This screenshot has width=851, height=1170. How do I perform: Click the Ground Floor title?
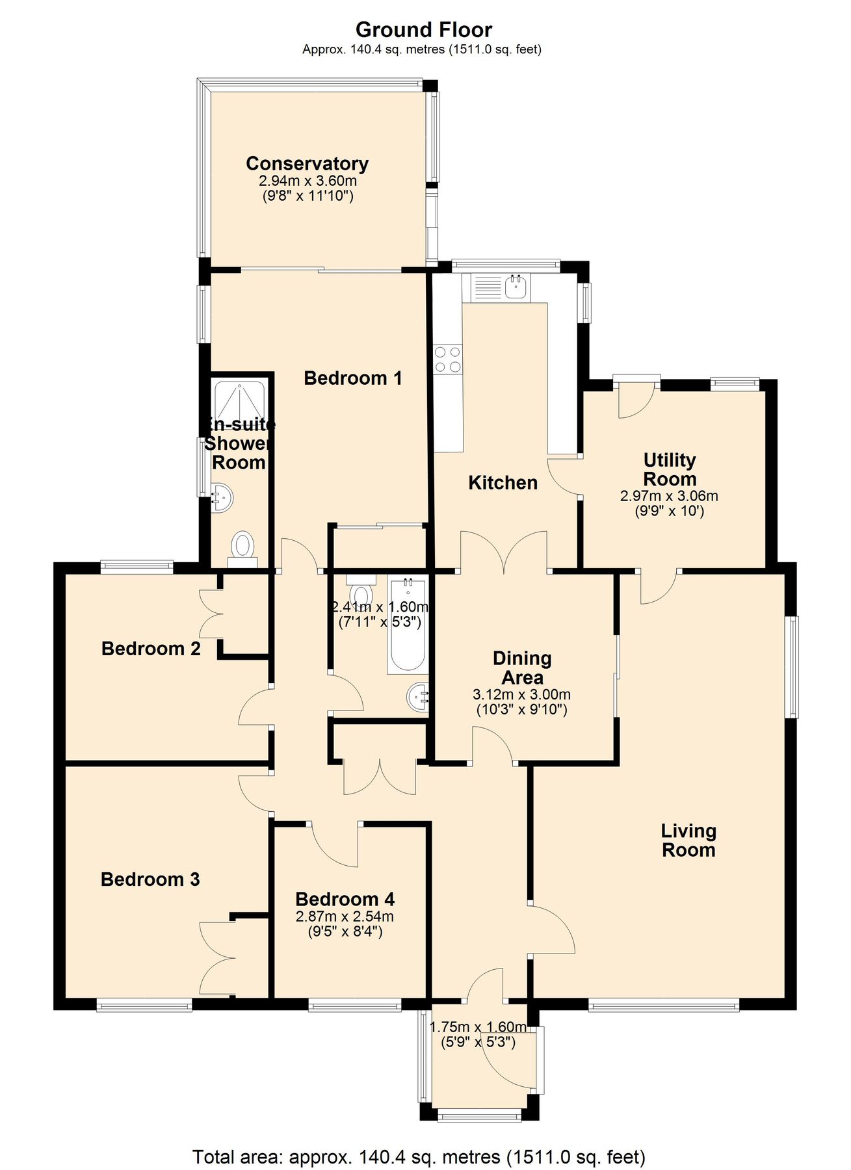(424, 29)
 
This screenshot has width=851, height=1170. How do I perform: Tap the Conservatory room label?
(307, 163)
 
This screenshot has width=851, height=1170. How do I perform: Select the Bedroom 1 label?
(353, 378)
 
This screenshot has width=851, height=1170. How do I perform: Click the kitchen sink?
(516, 286)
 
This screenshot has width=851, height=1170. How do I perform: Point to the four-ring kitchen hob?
(448, 359)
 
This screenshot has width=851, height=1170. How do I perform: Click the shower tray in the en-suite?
(240, 401)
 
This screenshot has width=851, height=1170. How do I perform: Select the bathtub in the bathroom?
(407, 625)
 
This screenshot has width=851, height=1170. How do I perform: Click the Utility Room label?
(670, 469)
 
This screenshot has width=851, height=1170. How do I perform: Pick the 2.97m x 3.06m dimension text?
(669, 496)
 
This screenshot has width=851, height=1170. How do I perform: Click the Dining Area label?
(522, 668)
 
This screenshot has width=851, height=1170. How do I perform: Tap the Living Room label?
(688, 840)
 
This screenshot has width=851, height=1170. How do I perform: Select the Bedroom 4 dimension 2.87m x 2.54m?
(345, 917)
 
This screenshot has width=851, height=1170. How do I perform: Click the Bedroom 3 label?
(150, 879)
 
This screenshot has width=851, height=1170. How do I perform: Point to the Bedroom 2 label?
(151, 648)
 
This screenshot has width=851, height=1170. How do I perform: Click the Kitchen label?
(503, 482)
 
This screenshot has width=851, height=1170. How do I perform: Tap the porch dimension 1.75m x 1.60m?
(478, 1027)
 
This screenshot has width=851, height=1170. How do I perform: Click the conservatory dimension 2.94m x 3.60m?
(308, 181)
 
